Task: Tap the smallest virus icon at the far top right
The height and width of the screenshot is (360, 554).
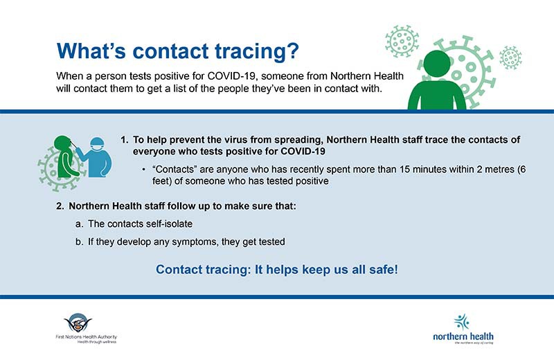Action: (510, 57)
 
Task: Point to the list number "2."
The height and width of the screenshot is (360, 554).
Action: (60, 206)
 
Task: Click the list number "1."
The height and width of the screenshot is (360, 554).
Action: (125, 139)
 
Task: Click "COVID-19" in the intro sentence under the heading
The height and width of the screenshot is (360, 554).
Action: (239, 75)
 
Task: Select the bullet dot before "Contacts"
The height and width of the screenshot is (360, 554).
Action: (143, 170)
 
